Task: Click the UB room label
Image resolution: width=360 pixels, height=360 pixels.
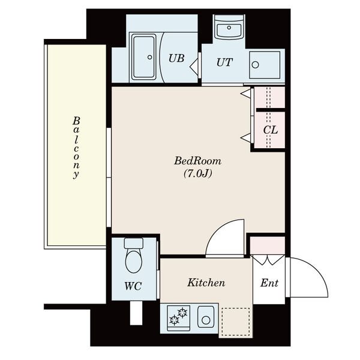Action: tap(176, 58)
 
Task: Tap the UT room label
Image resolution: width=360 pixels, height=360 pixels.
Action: tap(224, 62)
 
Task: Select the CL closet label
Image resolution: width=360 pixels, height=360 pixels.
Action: tap(271, 130)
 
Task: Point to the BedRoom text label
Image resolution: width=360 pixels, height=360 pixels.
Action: tap(197, 161)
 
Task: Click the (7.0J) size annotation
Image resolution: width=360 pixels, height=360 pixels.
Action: tap(197, 173)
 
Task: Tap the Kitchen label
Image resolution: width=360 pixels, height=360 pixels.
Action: tap(206, 283)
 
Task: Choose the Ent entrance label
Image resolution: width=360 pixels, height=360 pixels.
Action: tap(269, 283)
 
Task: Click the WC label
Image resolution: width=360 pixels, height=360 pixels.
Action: tap(133, 286)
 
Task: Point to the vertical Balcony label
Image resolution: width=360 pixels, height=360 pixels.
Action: tap(76, 148)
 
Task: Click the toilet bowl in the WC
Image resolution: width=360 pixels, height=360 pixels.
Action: tap(133, 261)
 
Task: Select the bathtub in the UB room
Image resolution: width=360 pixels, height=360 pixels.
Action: tap(144, 56)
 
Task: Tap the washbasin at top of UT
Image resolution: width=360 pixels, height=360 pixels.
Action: tap(229, 29)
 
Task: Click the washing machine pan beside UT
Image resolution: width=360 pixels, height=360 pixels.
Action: tap(265, 65)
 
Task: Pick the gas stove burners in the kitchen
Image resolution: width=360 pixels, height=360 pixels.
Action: tap(179, 317)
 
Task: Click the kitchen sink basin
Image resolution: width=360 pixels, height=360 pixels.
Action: tap(206, 317)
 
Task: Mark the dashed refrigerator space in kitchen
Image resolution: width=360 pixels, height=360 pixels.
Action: tap(236, 322)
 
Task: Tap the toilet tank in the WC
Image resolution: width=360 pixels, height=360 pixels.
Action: tap(133, 243)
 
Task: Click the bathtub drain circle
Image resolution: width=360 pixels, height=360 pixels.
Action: tap(149, 57)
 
